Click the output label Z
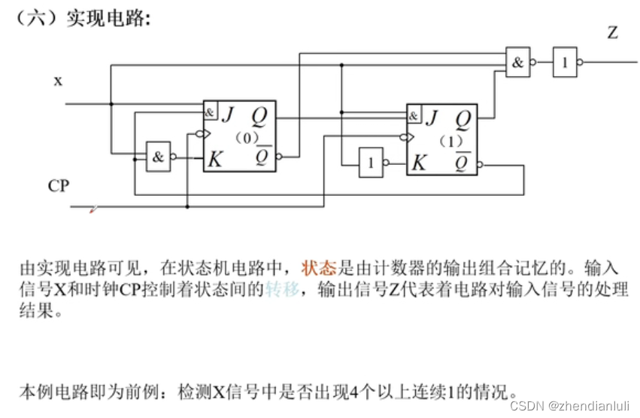[x=612, y=32]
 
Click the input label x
[x=58, y=80]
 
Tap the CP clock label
[x=59, y=185]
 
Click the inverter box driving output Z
[x=565, y=63]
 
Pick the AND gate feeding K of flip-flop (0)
[x=158, y=157]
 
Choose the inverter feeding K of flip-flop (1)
[x=370, y=162]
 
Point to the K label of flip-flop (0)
[x=216, y=159]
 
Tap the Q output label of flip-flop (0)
[x=259, y=115]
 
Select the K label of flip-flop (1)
[x=420, y=162]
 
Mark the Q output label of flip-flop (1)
[x=463, y=118]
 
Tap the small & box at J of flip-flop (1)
[x=414, y=116]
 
